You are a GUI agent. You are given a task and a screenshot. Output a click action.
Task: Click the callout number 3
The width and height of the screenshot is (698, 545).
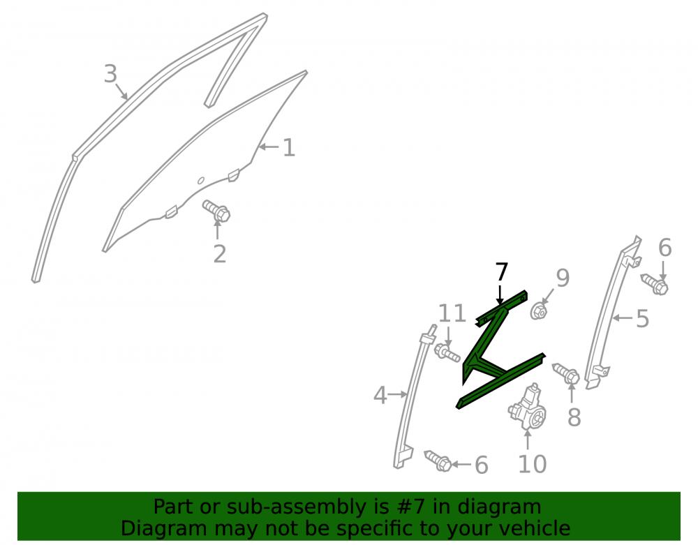click(110, 73)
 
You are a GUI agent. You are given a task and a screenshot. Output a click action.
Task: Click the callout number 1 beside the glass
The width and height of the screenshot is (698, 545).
click(289, 147)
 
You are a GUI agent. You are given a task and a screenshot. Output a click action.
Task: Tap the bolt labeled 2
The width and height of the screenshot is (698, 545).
click(216, 211)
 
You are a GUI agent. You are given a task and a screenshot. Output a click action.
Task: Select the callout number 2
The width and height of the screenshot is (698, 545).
click(219, 254)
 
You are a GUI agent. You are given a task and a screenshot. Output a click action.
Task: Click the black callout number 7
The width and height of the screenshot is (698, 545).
click(501, 272)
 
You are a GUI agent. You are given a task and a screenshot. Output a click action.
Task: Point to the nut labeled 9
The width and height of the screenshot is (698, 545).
click(539, 311)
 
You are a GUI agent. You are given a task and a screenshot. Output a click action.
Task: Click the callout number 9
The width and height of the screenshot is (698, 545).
click(563, 278)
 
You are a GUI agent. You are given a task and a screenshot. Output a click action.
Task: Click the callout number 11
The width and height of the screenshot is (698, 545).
click(452, 313)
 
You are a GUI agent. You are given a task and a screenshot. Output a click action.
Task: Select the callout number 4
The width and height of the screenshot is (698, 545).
click(380, 395)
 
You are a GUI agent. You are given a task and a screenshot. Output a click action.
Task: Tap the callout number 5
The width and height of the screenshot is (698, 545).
click(642, 318)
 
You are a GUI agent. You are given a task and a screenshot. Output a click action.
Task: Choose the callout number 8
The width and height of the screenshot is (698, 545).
click(574, 417)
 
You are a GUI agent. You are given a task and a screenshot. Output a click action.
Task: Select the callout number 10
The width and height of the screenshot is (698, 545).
click(533, 464)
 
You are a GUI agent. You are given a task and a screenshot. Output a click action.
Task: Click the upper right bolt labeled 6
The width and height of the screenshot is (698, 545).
click(655, 283)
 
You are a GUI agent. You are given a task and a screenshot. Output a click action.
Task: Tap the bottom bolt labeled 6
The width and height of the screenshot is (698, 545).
click(438, 461)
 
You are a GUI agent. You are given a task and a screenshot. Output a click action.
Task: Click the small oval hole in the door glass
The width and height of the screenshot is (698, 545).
click(201, 180)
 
